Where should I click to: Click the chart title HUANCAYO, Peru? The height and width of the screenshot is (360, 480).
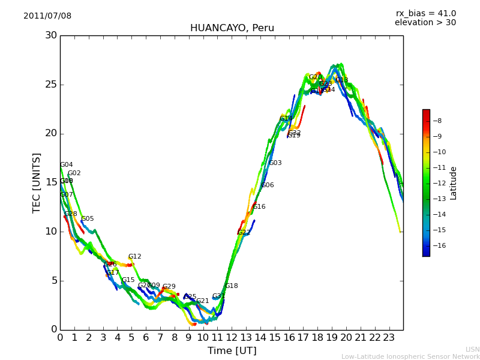click(232, 28)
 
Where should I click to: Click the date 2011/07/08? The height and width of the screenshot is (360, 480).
click(47, 16)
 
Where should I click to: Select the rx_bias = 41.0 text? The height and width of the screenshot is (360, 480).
click(426, 14)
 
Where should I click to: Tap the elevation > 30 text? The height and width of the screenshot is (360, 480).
click(425, 23)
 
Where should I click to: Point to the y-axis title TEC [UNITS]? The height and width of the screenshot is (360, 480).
click(37, 182)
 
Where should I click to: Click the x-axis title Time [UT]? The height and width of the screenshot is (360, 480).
click(232, 351)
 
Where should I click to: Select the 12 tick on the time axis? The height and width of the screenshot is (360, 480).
click(232, 337)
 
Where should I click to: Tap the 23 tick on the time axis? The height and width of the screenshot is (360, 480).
click(389, 337)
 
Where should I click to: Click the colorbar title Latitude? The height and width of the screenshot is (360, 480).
click(454, 183)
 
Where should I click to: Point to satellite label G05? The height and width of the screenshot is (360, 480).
click(88, 219)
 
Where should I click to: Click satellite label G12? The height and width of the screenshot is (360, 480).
click(135, 257)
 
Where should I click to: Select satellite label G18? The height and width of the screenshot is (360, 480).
click(232, 286)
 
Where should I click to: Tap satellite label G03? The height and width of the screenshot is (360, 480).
click(275, 163)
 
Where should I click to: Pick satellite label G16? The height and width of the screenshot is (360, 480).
click(259, 207)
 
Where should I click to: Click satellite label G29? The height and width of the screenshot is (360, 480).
click(169, 287)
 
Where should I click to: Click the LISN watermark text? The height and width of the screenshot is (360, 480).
click(473, 349)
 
